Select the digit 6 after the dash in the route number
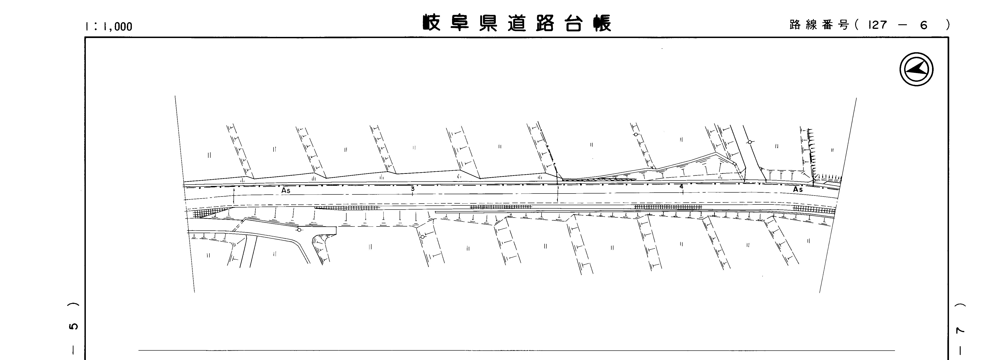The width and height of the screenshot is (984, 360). tap(924, 25)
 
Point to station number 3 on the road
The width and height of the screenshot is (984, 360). tap(412, 188)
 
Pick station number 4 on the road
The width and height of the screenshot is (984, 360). tap(681, 186)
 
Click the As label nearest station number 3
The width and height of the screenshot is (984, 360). tap(286, 190)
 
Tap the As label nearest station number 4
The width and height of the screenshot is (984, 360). tap(798, 189)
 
